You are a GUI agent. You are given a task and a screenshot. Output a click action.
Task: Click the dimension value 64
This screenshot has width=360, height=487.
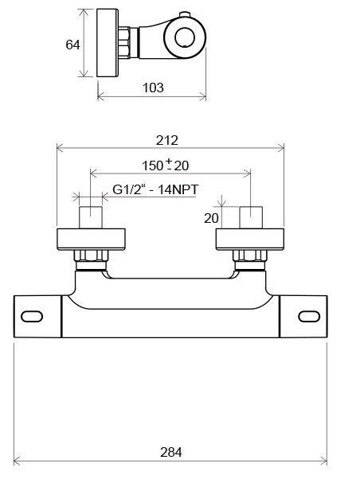point(72,45)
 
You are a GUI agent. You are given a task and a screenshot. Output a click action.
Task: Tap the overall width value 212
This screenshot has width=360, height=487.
point(167,140)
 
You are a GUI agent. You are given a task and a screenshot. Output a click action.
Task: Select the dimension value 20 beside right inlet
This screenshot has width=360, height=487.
point(212,218)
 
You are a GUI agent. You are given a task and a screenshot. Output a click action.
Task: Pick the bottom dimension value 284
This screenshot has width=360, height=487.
point(170,452)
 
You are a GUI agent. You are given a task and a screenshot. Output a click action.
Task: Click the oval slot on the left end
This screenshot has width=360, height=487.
point(33,317)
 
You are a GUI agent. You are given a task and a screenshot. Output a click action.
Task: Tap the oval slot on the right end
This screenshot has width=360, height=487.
point(309,317)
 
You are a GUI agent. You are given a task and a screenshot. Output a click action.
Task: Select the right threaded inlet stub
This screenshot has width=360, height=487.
point(251,218)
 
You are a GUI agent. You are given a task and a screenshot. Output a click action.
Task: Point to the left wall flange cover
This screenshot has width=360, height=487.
point(92,239)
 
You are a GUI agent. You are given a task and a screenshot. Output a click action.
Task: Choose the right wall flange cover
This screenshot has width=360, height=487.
point(251,239)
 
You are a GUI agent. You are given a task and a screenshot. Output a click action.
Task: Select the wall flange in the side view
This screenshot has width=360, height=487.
point(106,45)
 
